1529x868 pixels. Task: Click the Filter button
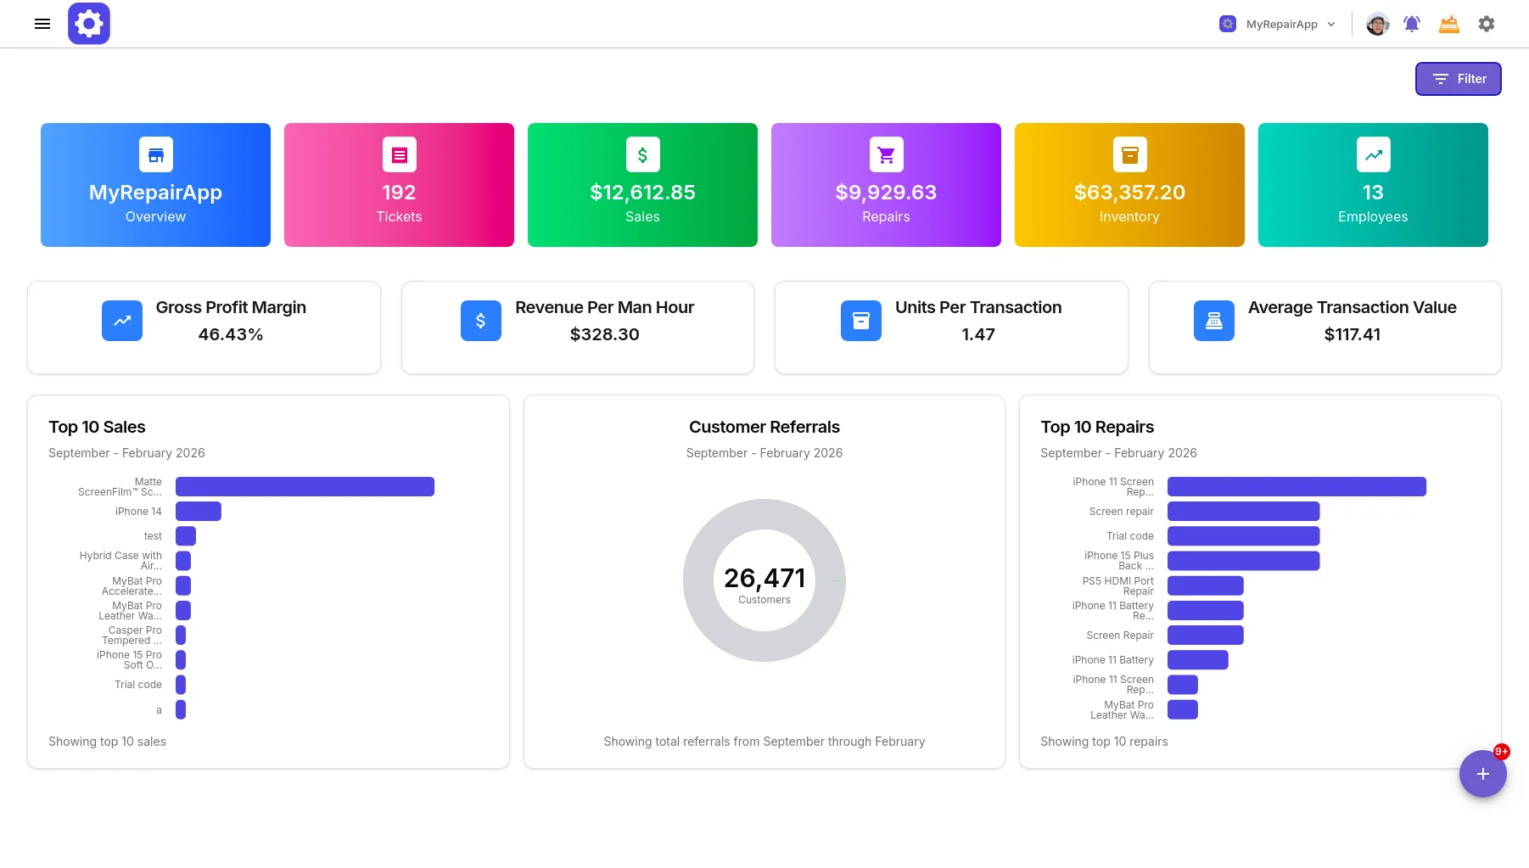(1458, 79)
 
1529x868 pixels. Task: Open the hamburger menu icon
(42, 24)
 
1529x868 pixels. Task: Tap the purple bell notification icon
(1412, 24)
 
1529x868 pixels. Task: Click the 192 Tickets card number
(399, 193)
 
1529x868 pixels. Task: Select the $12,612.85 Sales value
(642, 193)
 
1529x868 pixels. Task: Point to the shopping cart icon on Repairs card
(886, 154)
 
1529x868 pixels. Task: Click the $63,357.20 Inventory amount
(1129, 193)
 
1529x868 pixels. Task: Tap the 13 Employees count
(1373, 193)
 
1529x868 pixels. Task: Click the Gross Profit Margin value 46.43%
(231, 334)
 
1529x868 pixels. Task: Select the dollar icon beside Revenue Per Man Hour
(481, 321)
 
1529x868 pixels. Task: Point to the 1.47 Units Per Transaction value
(978, 334)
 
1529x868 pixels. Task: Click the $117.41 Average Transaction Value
(1353, 334)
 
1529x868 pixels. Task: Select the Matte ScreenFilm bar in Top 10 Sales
(305, 486)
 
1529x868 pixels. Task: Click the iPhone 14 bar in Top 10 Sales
(199, 511)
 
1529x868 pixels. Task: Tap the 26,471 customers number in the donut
(764, 578)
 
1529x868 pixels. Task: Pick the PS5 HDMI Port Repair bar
(1205, 585)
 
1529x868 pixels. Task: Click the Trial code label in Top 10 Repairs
(1130, 536)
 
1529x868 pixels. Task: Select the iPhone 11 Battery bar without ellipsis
(1197, 659)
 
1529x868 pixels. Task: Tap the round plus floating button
(1482, 774)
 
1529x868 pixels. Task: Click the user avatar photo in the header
(1377, 24)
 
